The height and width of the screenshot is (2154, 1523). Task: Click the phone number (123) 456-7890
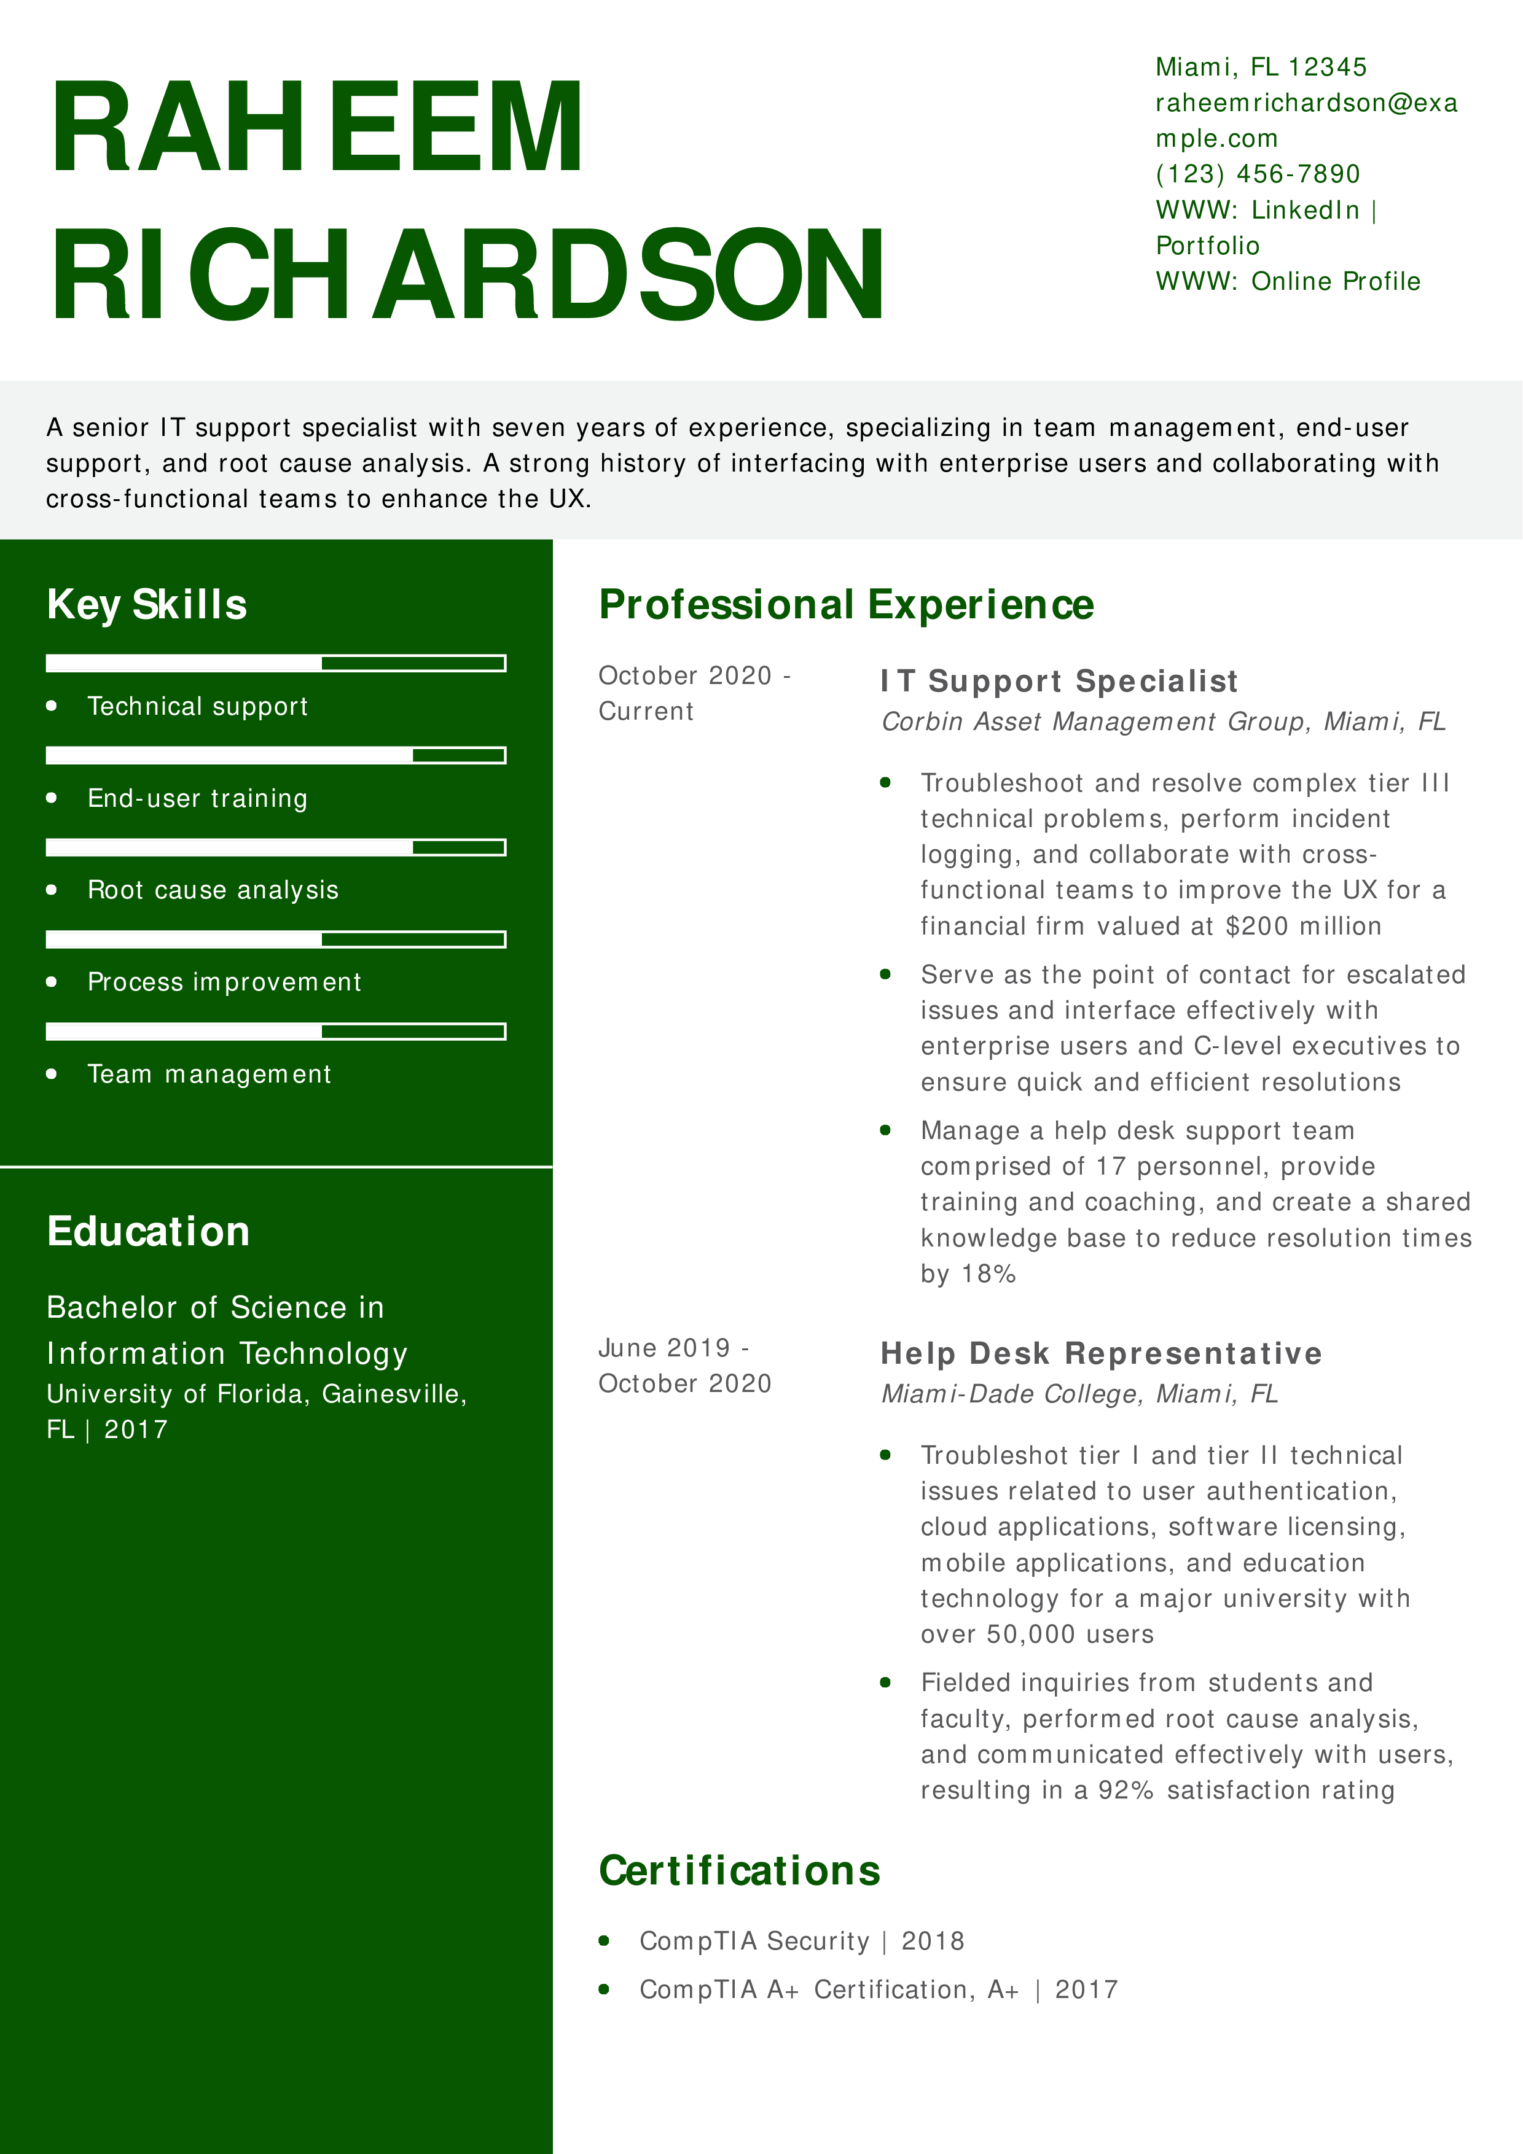(1258, 174)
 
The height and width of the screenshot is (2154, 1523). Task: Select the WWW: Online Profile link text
(1288, 281)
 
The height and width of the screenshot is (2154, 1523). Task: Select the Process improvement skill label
(224, 982)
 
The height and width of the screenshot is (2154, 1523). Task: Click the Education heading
(148, 1232)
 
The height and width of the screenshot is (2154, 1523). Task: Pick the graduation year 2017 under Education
(136, 1429)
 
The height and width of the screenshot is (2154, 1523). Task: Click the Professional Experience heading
(847, 605)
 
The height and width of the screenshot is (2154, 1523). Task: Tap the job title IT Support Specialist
(1059, 681)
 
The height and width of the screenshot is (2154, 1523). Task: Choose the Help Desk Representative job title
(1101, 1354)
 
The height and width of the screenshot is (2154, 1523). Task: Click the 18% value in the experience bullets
(989, 1274)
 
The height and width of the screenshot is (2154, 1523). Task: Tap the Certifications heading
(740, 1872)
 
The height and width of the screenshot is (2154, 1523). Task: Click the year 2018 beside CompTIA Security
(933, 1941)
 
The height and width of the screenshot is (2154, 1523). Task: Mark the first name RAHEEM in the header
(317, 128)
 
